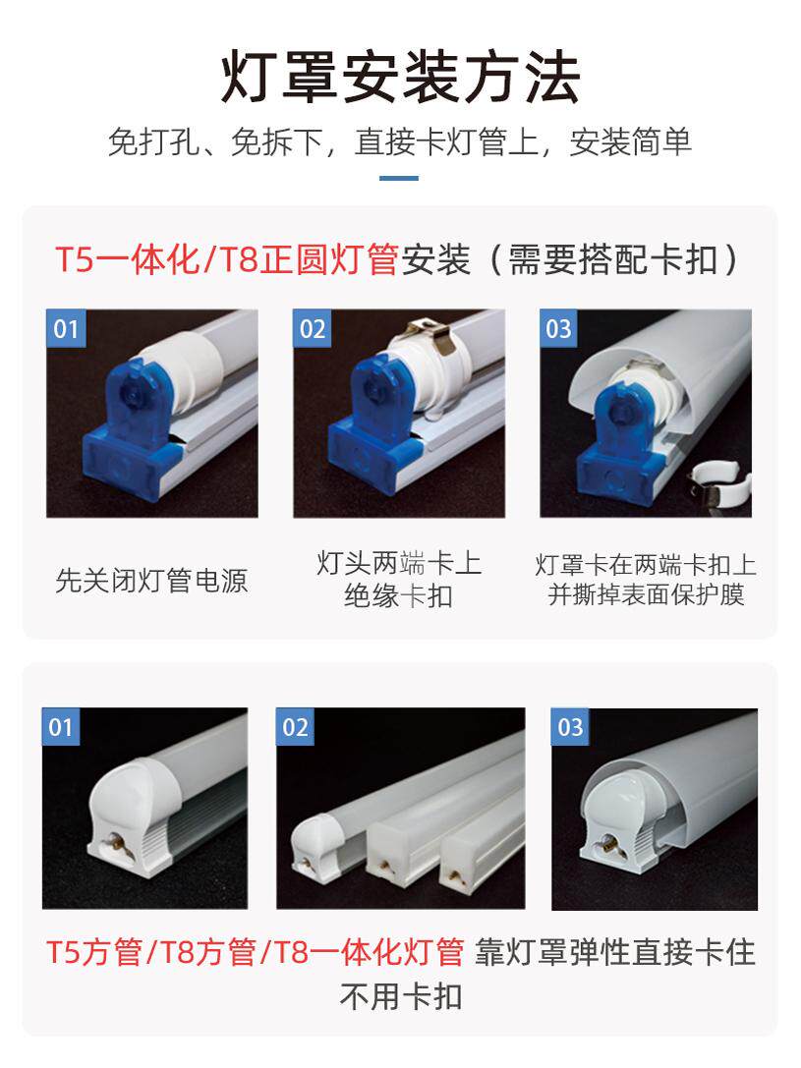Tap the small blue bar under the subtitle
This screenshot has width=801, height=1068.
click(398, 179)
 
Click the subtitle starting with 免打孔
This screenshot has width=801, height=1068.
click(400, 141)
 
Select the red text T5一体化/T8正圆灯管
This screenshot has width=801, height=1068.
click(227, 259)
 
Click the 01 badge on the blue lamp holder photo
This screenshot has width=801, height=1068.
click(66, 328)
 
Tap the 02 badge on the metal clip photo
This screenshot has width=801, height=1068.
click(313, 328)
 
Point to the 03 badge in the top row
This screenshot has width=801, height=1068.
click(558, 328)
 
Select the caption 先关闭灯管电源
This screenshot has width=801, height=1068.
click(151, 581)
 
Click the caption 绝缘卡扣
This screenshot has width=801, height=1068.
click(398, 595)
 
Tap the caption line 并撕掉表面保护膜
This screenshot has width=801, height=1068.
click(646, 594)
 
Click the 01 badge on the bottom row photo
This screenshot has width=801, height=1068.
click(61, 727)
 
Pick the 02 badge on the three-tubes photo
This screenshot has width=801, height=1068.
click(295, 727)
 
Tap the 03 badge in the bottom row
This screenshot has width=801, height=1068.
click(570, 727)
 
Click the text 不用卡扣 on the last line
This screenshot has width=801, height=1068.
click(401, 996)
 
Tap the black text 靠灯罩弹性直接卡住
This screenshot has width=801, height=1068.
click(615, 951)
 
